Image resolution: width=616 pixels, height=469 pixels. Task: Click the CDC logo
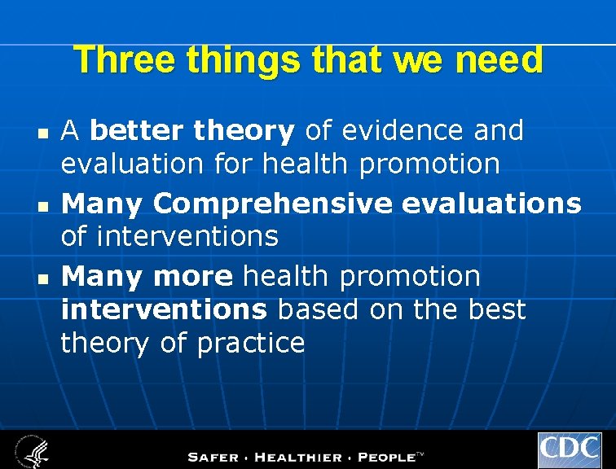(569, 449)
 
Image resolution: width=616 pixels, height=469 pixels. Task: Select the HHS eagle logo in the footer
(30, 450)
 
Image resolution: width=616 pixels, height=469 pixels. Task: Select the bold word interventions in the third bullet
(164, 309)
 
